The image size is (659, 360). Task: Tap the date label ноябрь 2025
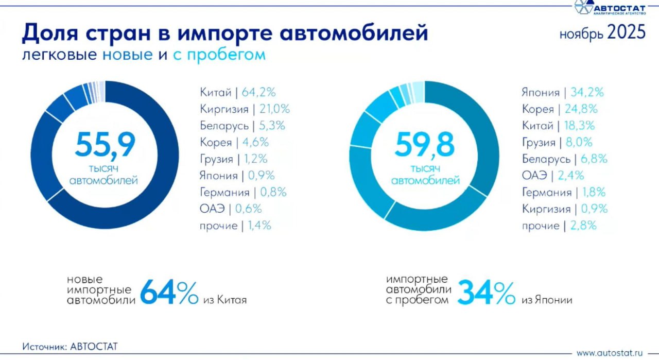tap(602, 33)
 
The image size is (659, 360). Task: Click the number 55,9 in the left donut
tap(105, 145)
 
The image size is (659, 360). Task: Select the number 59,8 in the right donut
tap(425, 145)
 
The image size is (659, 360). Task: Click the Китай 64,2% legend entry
tap(238, 93)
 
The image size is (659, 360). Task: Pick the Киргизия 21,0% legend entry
tap(245, 109)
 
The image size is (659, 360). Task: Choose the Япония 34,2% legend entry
tap(562, 93)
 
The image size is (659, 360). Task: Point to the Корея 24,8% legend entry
tap(560, 109)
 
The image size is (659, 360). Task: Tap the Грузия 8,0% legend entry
tap(557, 143)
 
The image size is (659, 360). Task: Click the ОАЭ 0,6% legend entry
tap(231, 209)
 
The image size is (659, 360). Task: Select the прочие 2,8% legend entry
tap(559, 226)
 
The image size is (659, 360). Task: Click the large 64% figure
tap(169, 293)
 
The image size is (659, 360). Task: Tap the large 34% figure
tap(486, 293)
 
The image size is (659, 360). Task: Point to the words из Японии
tap(547, 300)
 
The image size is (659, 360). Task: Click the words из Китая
tap(224, 300)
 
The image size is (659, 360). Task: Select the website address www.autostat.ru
tap(610, 353)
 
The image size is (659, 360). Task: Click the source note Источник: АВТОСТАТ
tap(70, 347)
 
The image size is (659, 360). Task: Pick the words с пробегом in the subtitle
tap(219, 55)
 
